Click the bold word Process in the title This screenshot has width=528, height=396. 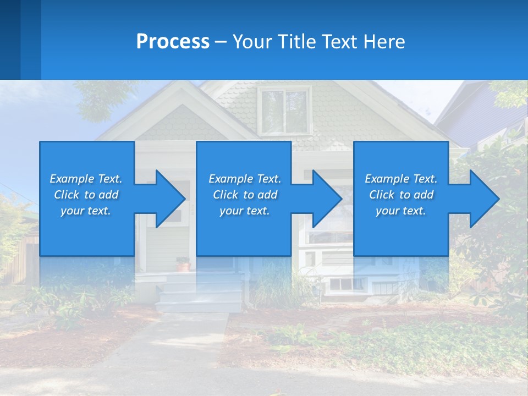[x=173, y=42]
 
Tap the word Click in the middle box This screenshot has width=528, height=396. [x=226, y=195]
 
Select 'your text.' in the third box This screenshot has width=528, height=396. [x=400, y=211]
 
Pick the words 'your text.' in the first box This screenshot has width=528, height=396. [x=86, y=211]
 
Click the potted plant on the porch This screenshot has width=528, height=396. [x=183, y=263]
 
